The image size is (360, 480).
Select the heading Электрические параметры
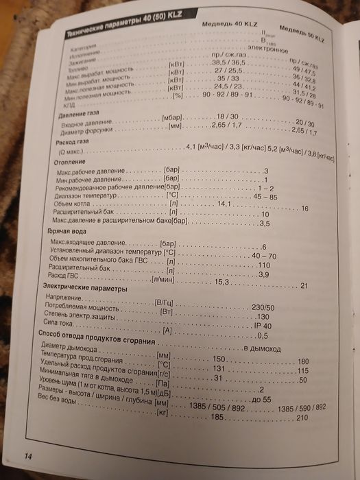click(x=85, y=289)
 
